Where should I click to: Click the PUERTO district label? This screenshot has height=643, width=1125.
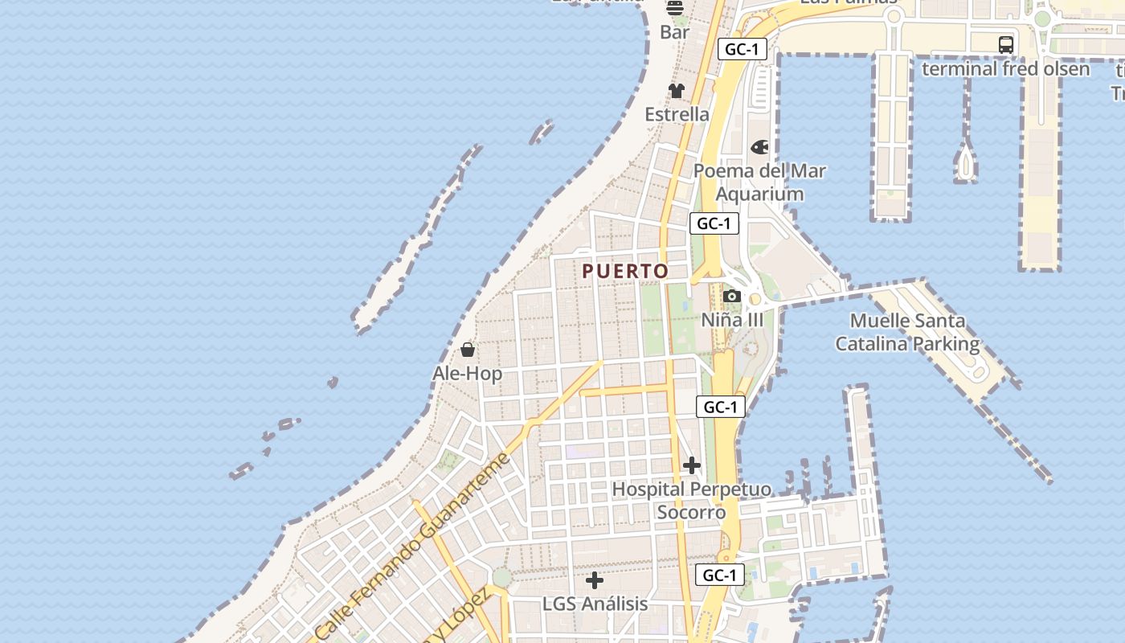[625, 272]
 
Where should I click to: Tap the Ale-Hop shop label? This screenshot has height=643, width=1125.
[467, 374]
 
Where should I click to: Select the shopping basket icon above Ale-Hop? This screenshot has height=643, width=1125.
[468, 350]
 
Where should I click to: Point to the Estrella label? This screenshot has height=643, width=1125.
[677, 114]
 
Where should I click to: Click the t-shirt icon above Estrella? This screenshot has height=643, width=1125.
[677, 91]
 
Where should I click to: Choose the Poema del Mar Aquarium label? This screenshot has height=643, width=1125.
[759, 182]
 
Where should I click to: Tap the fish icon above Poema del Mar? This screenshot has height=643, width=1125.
[759, 147]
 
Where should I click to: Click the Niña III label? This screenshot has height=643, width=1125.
[732, 320]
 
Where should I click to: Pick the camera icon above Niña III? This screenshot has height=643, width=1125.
[731, 296]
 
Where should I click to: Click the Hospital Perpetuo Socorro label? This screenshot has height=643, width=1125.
[691, 501]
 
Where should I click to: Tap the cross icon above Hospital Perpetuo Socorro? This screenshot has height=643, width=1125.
[691, 465]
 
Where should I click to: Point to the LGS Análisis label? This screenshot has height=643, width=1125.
[595, 604]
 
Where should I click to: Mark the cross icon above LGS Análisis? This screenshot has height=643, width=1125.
[595, 580]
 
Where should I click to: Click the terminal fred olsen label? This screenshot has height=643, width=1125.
[1005, 69]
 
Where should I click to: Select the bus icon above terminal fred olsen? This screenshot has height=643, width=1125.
[1005, 45]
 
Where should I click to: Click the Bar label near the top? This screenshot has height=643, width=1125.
[675, 32]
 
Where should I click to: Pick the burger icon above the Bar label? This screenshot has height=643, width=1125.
[675, 8]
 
